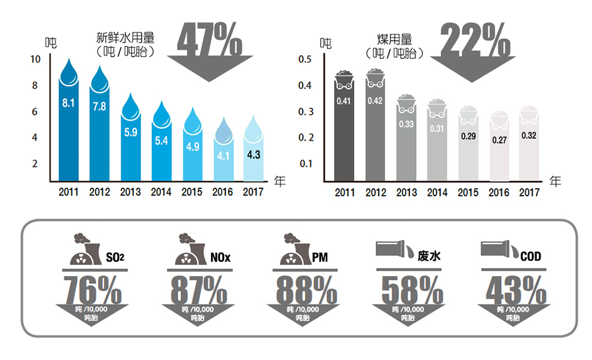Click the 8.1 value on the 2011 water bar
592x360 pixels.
[68, 103]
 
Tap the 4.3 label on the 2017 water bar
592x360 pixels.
[253, 155]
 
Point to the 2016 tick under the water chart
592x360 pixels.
[222, 192]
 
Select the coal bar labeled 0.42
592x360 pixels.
[375, 129]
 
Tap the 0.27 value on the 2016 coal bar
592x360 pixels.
[499, 140]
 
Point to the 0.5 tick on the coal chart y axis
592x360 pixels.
[305, 59]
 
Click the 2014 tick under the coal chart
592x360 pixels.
[437, 193]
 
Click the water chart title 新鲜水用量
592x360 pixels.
[125, 38]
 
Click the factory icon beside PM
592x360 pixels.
[292, 251]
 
